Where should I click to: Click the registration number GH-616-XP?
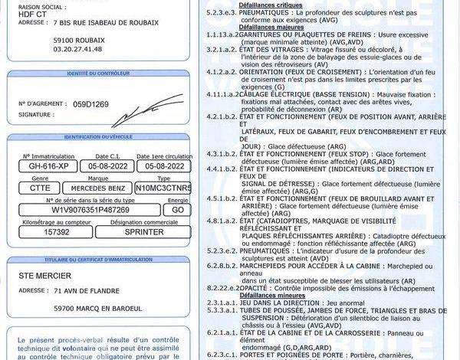[x=49, y=165]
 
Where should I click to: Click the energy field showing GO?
[x=178, y=209]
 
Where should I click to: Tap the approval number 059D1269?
[x=91, y=103]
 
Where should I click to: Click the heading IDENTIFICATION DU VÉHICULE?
[x=99, y=136]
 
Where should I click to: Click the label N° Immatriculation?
[x=47, y=156]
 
